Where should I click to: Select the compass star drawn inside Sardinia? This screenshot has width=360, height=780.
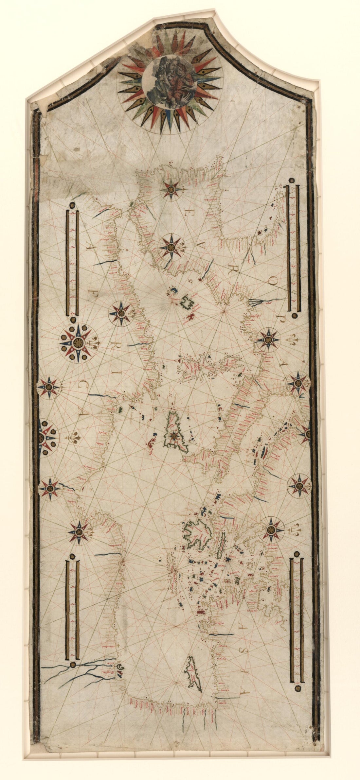(173, 435)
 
